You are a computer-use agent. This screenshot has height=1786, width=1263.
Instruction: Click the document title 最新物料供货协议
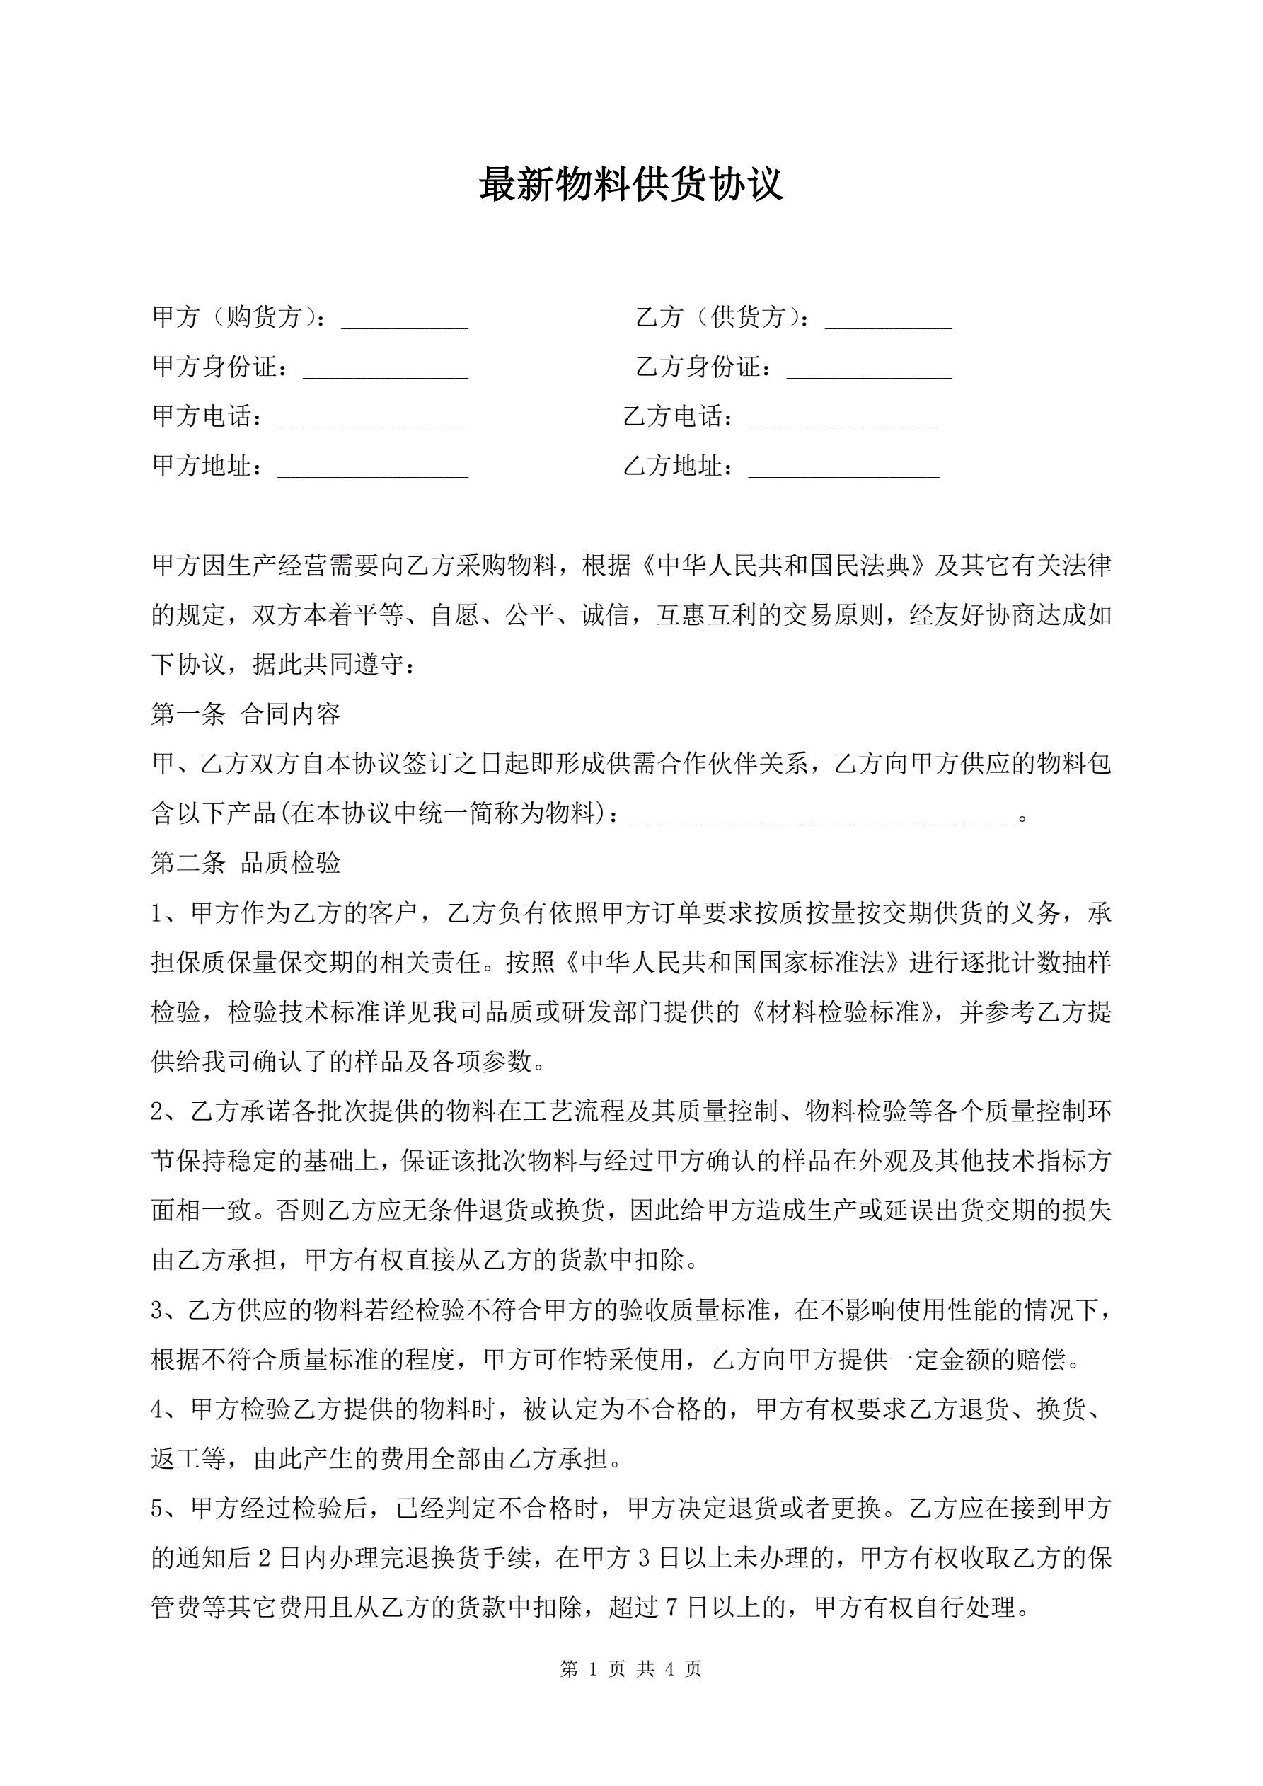(630, 185)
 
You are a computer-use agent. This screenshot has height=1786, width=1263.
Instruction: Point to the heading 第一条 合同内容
(246, 714)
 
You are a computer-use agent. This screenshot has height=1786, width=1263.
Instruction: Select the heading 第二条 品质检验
(246, 863)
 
